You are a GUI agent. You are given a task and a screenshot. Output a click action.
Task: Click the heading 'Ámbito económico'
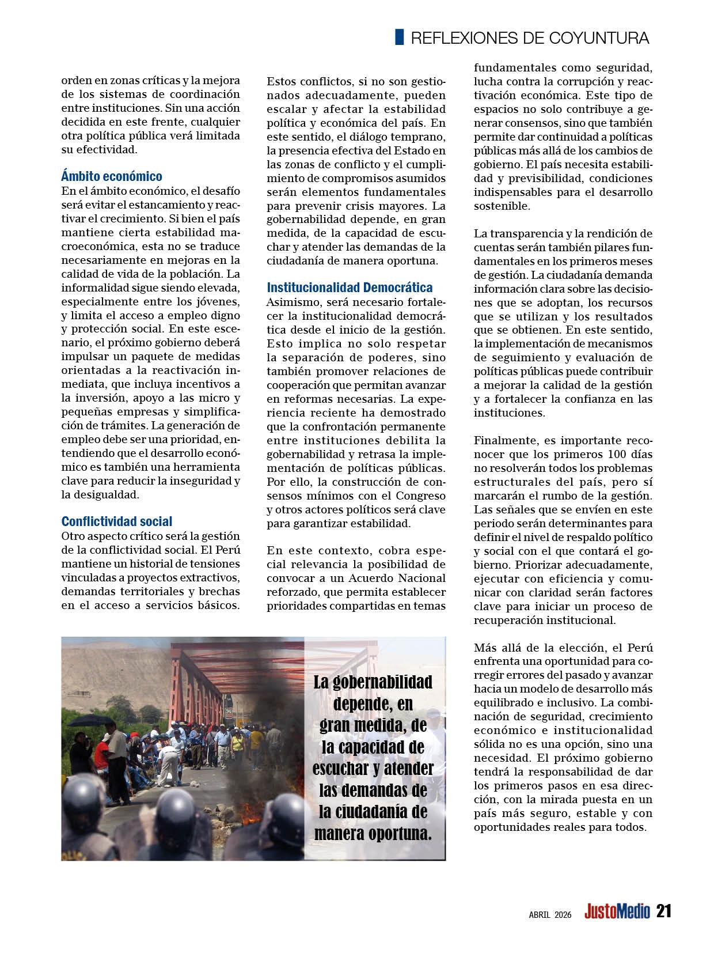pyautogui.click(x=112, y=176)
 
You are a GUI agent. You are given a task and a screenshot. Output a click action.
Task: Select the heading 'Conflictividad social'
pyautogui.click(x=117, y=521)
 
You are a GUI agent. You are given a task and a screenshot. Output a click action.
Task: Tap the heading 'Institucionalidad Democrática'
pyautogui.click(x=350, y=288)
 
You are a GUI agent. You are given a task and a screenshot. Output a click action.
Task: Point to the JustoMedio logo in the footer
pyautogui.click(x=617, y=912)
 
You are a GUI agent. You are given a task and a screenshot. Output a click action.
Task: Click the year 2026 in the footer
pyautogui.click(x=563, y=914)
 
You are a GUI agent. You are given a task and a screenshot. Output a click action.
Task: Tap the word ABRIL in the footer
pyautogui.click(x=540, y=914)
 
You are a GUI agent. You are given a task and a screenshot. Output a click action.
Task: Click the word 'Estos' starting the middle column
pyautogui.click(x=284, y=81)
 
